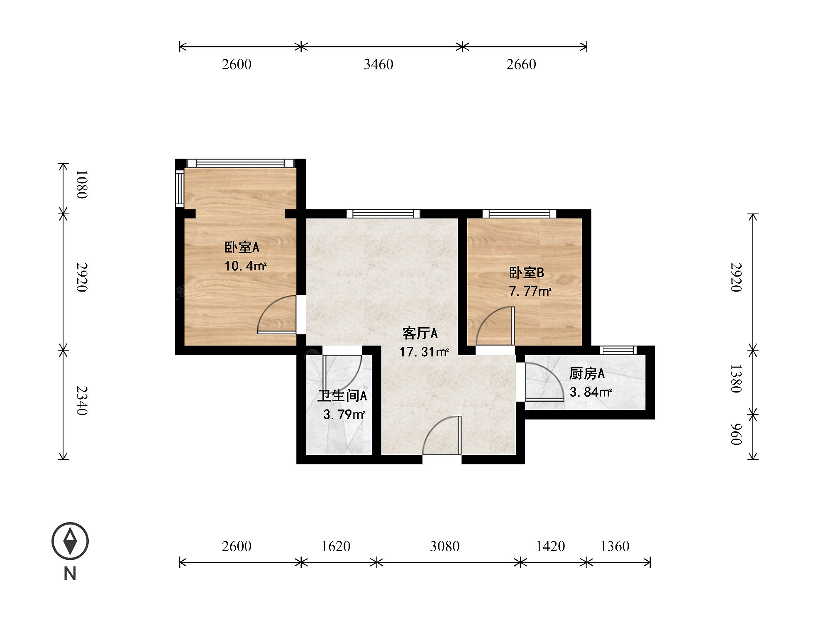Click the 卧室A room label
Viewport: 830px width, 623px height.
click(242, 248)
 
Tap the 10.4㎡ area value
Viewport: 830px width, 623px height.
click(245, 266)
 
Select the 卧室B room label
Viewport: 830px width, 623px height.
click(526, 273)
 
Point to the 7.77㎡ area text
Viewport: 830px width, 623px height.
click(530, 291)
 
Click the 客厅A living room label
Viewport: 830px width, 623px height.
click(420, 333)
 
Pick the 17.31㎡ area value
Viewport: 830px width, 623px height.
click(424, 352)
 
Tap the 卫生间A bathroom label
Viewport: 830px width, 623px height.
click(342, 396)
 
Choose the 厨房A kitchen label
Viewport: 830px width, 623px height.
click(587, 374)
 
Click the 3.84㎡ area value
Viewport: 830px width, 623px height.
click(591, 392)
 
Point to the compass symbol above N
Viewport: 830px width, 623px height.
click(70, 541)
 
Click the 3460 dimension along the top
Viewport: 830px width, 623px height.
click(378, 64)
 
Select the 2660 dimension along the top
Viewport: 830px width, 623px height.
click(521, 64)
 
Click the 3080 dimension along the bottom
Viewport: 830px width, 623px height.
click(445, 546)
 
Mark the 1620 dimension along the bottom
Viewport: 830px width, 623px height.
click(336, 546)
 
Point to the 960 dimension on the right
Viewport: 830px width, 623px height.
click(736, 434)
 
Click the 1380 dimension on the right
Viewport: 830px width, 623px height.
click(736, 378)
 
